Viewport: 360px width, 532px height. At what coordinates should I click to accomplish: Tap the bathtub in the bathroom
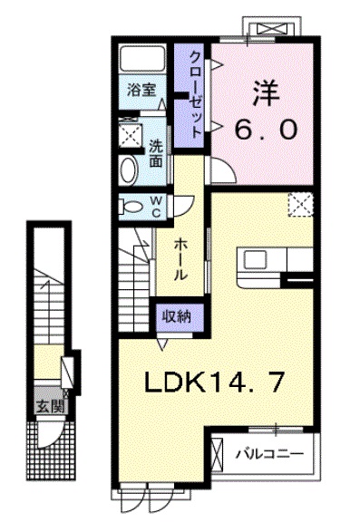(141, 61)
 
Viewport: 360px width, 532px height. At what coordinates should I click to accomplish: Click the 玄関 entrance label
(50, 406)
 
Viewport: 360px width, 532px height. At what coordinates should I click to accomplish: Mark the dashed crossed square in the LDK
(300, 206)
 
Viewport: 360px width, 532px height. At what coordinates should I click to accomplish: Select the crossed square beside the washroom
(131, 135)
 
